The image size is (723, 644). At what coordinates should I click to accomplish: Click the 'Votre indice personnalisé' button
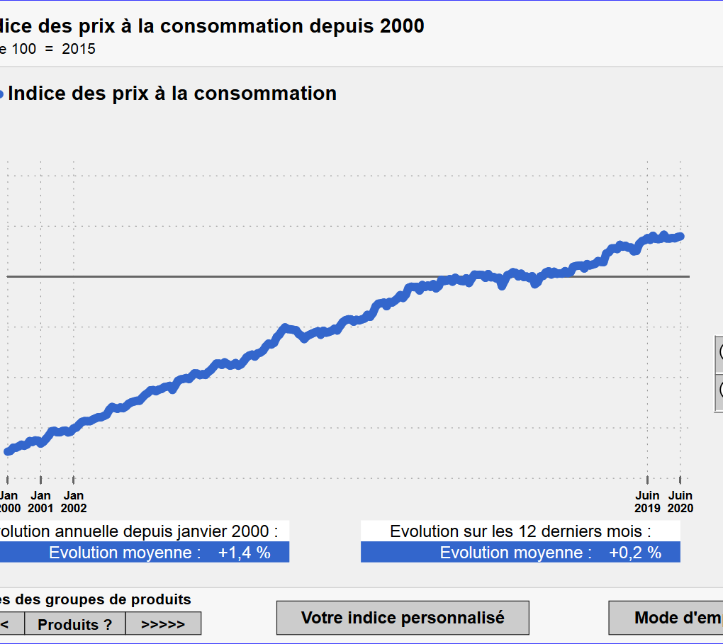pos(403,618)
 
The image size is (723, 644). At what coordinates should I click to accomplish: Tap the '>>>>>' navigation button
pos(163,624)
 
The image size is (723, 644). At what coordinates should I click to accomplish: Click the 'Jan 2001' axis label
pos(41,502)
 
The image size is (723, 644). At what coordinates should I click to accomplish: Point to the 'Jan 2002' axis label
pos(74,502)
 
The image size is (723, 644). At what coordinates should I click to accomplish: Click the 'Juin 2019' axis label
pos(647,502)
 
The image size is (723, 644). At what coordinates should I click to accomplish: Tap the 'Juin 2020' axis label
pos(680,502)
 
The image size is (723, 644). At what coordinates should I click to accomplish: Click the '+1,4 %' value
pos(244,553)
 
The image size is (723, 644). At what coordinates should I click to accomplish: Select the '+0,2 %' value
pos(634,553)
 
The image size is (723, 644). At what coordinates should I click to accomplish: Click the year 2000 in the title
pos(402,26)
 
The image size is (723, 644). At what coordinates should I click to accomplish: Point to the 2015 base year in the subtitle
pos(79,49)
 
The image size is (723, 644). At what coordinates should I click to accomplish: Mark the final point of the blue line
pos(680,236)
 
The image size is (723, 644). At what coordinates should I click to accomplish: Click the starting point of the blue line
pos(8,451)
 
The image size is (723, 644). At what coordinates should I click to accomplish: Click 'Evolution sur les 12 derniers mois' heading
pos(520,531)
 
